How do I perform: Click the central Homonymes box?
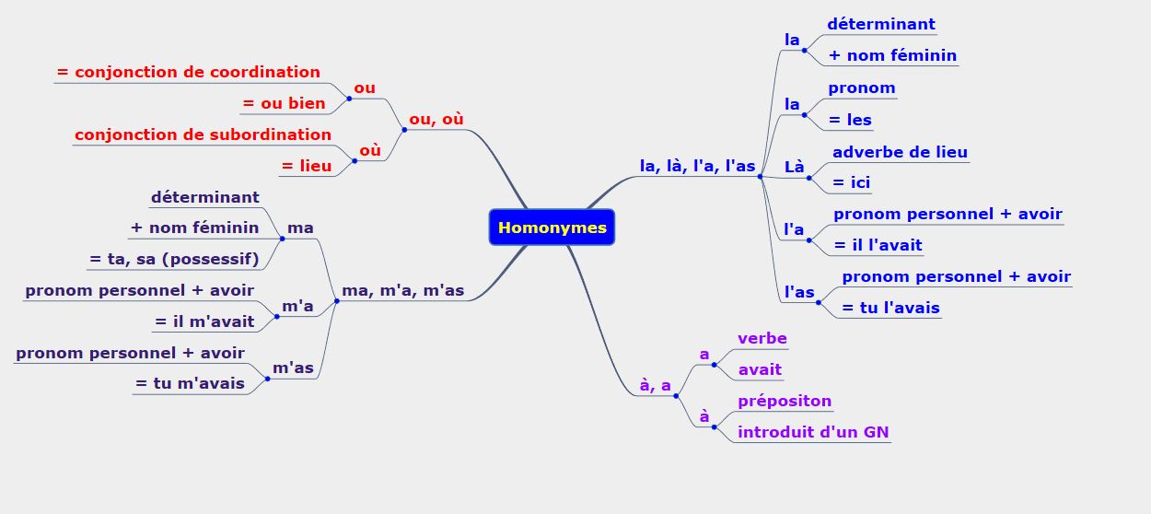552,228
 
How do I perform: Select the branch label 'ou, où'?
436,119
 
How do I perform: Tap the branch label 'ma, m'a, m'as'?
402,291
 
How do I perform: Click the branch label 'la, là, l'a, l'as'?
697,166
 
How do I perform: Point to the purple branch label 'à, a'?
655,385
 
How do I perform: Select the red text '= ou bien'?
284,103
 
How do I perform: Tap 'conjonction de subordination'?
203,134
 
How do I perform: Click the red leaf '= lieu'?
306,166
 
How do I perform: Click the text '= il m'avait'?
203,321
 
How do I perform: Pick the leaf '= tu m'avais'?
190,383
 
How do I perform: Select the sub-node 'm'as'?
293,368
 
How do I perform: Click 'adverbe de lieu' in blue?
900,152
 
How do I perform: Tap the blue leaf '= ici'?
851,182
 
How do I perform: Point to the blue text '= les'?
850,120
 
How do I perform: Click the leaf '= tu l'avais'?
890,308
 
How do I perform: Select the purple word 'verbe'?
762,338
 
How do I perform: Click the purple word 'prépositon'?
784,401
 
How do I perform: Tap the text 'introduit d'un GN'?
813,432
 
